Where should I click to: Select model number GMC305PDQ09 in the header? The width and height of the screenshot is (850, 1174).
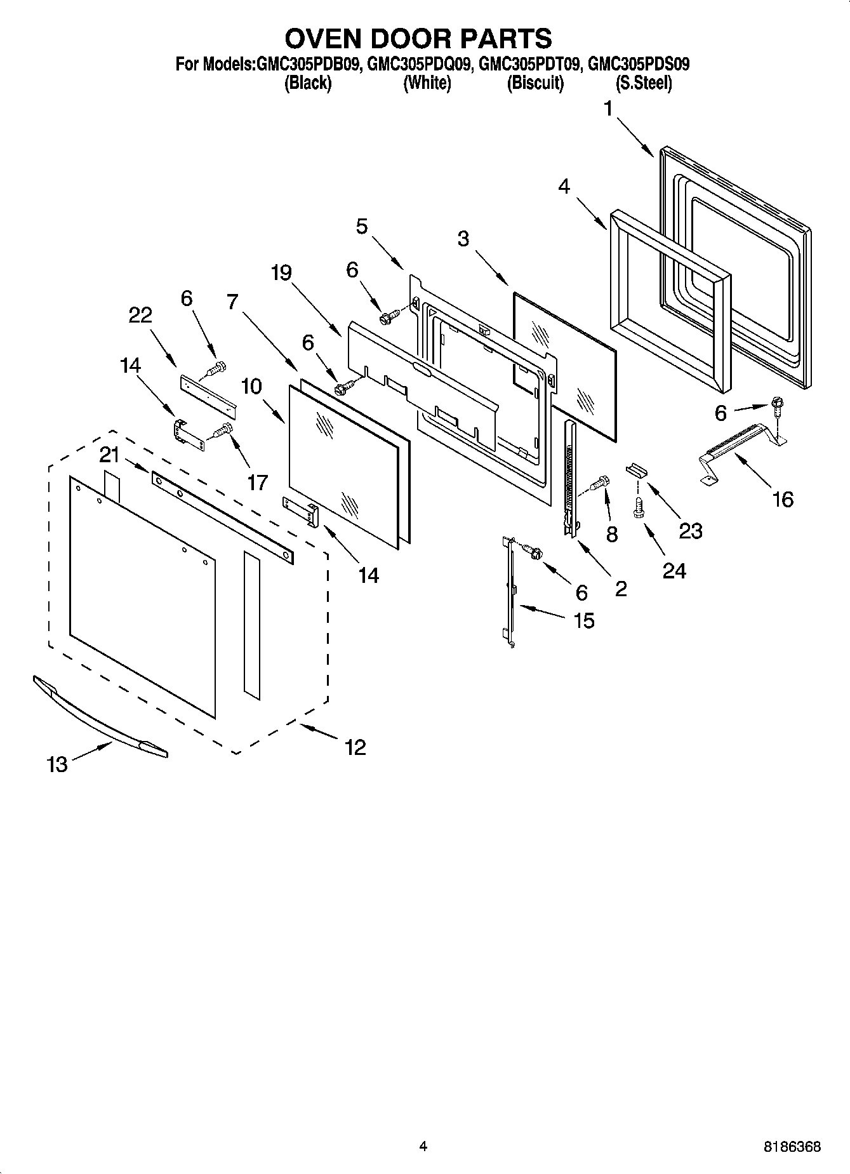click(418, 64)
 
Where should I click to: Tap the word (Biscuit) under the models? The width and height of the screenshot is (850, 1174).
click(535, 83)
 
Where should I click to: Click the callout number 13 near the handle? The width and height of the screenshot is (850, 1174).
click(56, 764)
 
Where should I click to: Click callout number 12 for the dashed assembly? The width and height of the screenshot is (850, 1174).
click(355, 747)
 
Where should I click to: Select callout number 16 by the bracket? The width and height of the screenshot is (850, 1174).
click(783, 499)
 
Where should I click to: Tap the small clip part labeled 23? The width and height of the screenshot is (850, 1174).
click(636, 470)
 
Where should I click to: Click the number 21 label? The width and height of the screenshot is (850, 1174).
click(109, 454)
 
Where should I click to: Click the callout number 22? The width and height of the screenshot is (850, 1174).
click(140, 315)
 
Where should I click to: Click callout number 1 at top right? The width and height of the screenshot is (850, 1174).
click(608, 109)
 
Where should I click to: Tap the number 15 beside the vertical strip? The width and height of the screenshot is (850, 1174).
click(583, 620)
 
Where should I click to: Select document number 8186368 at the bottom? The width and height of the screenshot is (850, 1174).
click(792, 1147)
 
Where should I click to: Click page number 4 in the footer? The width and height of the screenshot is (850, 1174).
click(423, 1146)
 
